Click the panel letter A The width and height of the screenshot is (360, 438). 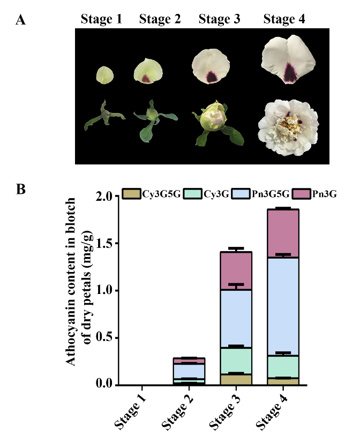click(21, 20)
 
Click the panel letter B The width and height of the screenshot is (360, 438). click(21, 189)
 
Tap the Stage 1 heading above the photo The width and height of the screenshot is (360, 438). click(102, 20)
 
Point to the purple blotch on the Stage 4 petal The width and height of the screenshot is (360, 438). click(290, 72)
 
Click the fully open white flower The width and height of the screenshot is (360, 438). click(288, 126)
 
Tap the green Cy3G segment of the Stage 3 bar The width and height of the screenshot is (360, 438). click(236, 361)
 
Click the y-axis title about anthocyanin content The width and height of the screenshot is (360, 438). click(76, 289)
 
